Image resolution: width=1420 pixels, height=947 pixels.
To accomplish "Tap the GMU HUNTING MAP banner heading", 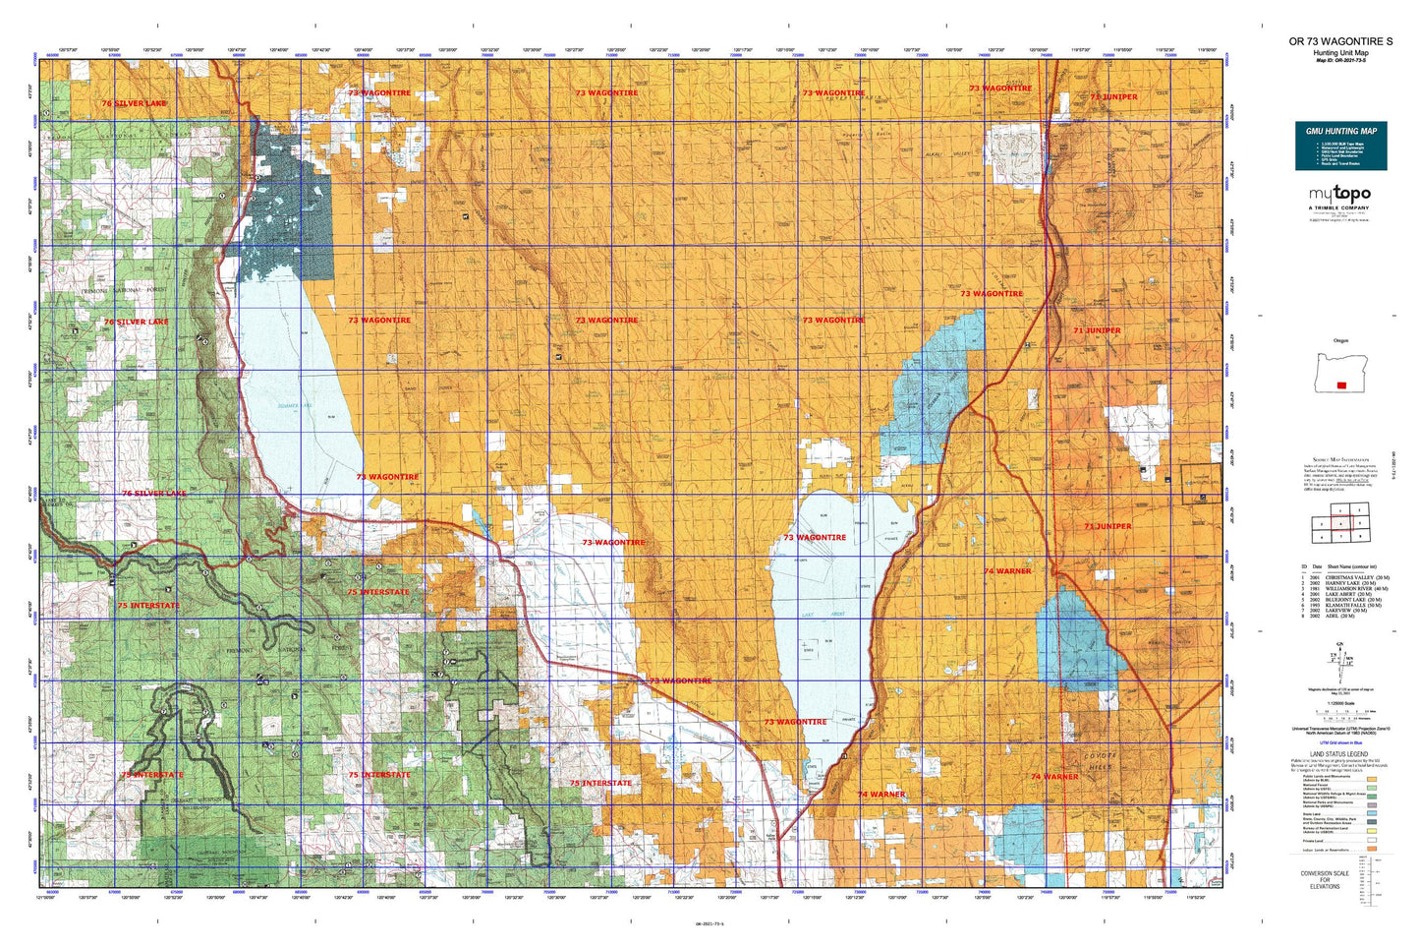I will (1340, 131).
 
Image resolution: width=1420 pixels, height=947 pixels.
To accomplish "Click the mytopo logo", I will (1339, 195).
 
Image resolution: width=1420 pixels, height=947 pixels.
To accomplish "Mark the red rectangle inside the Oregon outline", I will (1341, 385).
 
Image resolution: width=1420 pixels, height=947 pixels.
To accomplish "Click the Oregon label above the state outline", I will (1340, 340).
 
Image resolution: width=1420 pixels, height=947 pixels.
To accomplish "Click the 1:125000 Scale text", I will (1340, 701).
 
